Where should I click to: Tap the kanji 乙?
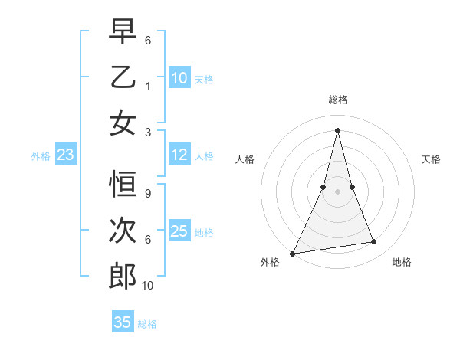pos(123,77)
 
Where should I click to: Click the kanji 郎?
pos(123,277)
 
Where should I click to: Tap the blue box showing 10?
pos(179,77)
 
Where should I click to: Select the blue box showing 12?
pos(179,155)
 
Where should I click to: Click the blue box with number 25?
pos(179,231)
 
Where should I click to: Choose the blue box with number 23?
pos(66,155)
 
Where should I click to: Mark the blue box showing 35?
pos(123,322)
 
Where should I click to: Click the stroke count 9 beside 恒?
pos(147,194)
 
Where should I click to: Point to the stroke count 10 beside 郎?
pos(148,286)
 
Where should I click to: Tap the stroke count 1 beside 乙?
pos(147,87)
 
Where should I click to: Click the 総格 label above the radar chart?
pos(337,100)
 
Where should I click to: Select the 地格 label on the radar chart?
pos(402,262)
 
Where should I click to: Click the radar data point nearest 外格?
pos(293,253)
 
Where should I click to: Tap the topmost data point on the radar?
pos(337,130)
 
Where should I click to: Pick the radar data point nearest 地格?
pos(374,242)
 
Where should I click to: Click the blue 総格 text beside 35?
pos(147,323)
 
